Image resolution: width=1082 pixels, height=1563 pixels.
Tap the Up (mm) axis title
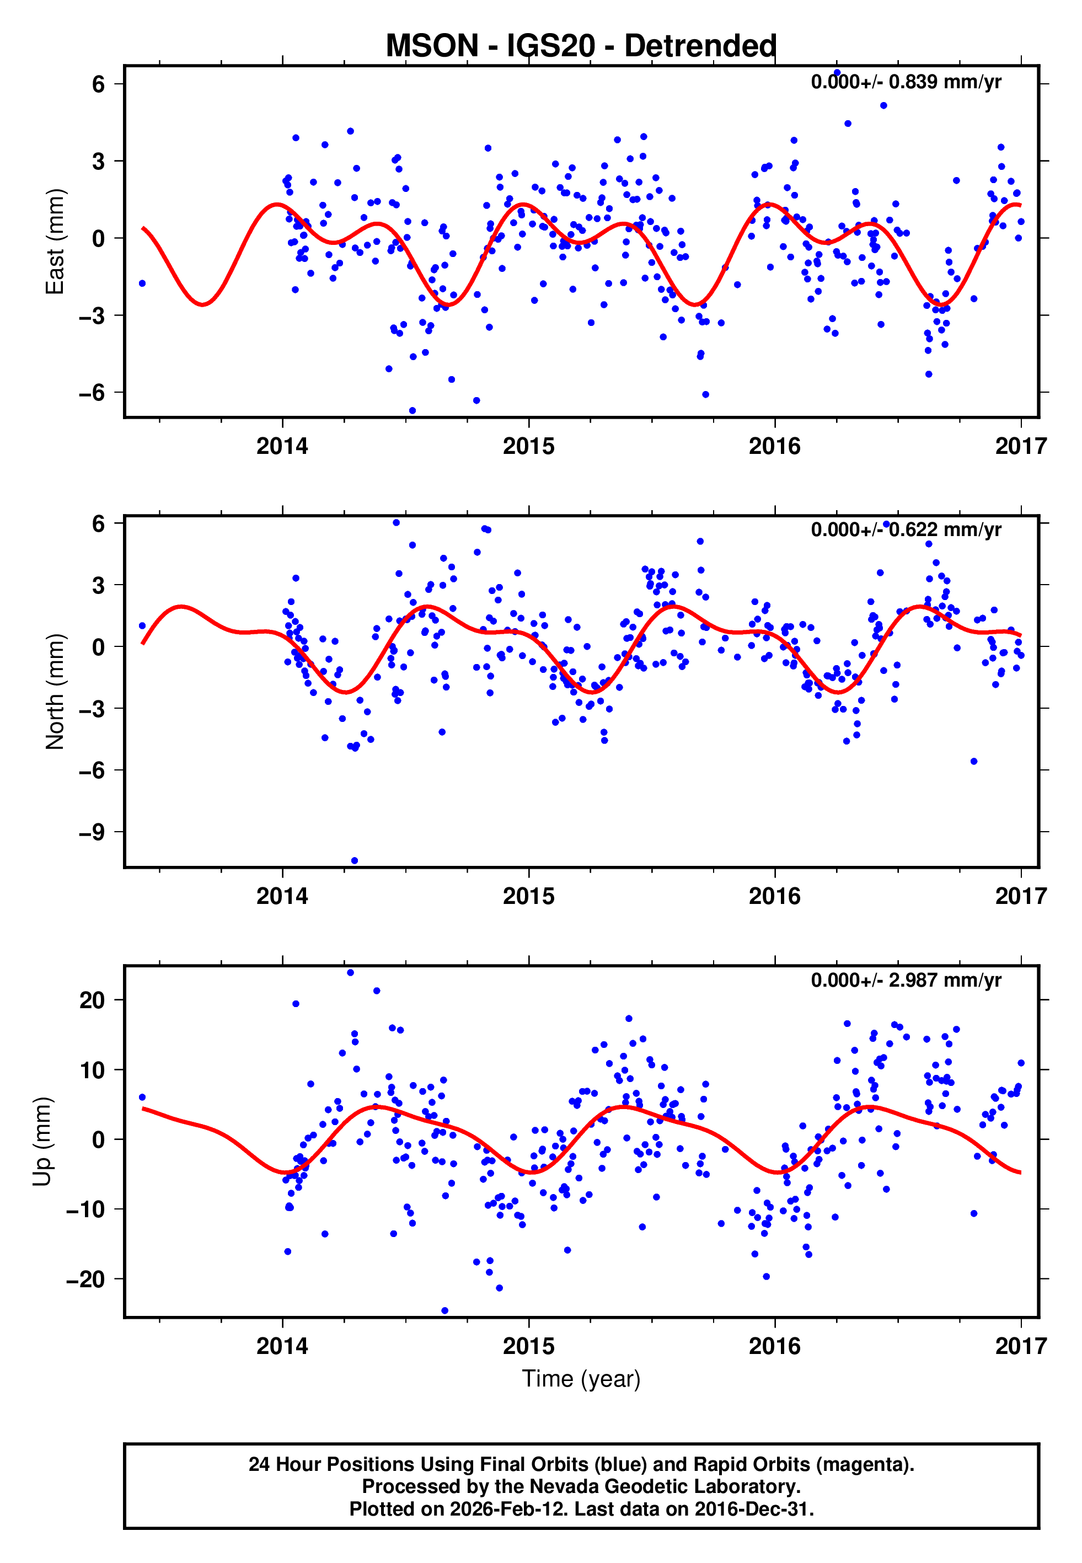[42, 1142]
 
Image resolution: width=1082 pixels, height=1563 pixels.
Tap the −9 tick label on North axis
[92, 832]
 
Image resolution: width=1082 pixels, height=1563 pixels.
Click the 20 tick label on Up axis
[92, 1000]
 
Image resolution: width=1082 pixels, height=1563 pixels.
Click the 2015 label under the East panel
[528, 446]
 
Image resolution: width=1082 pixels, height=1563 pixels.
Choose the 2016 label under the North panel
[774, 896]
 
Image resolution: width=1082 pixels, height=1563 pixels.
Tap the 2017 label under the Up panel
[1020, 1346]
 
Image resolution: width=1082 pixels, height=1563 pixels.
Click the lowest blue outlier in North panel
[355, 861]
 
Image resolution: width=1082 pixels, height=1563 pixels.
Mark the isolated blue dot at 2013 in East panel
[142, 283]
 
